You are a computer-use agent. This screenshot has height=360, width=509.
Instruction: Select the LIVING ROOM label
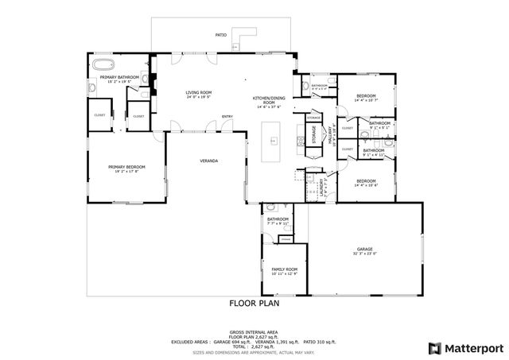[x=198, y=93]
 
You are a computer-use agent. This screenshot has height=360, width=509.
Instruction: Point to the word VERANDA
[x=208, y=161]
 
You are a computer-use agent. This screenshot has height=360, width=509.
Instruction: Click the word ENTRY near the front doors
[x=227, y=116]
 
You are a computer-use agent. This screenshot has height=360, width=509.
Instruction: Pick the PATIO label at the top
[x=222, y=35]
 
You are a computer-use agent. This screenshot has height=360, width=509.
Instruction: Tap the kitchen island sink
[x=274, y=141]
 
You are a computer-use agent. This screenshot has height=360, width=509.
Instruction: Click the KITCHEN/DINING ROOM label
[x=269, y=100]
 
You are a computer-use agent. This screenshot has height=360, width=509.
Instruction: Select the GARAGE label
[x=364, y=249]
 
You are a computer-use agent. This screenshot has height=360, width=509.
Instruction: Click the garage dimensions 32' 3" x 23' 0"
[x=364, y=254]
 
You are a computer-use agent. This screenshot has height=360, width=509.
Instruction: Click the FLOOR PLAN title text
[x=254, y=303]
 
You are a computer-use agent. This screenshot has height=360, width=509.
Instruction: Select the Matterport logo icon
[x=433, y=347]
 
